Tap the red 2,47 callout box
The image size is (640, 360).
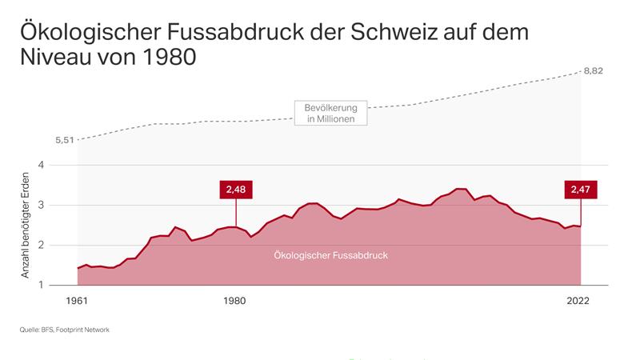click(x=580, y=190)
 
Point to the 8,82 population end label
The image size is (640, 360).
click(x=593, y=70)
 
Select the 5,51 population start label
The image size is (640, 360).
click(x=65, y=140)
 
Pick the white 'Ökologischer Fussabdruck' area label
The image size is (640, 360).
click(x=330, y=255)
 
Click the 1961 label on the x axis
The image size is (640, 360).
click(x=78, y=301)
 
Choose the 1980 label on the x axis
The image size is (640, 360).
click(x=234, y=301)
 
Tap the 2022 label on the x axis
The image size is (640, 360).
click(x=578, y=301)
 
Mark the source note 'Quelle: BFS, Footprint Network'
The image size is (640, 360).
click(x=63, y=330)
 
